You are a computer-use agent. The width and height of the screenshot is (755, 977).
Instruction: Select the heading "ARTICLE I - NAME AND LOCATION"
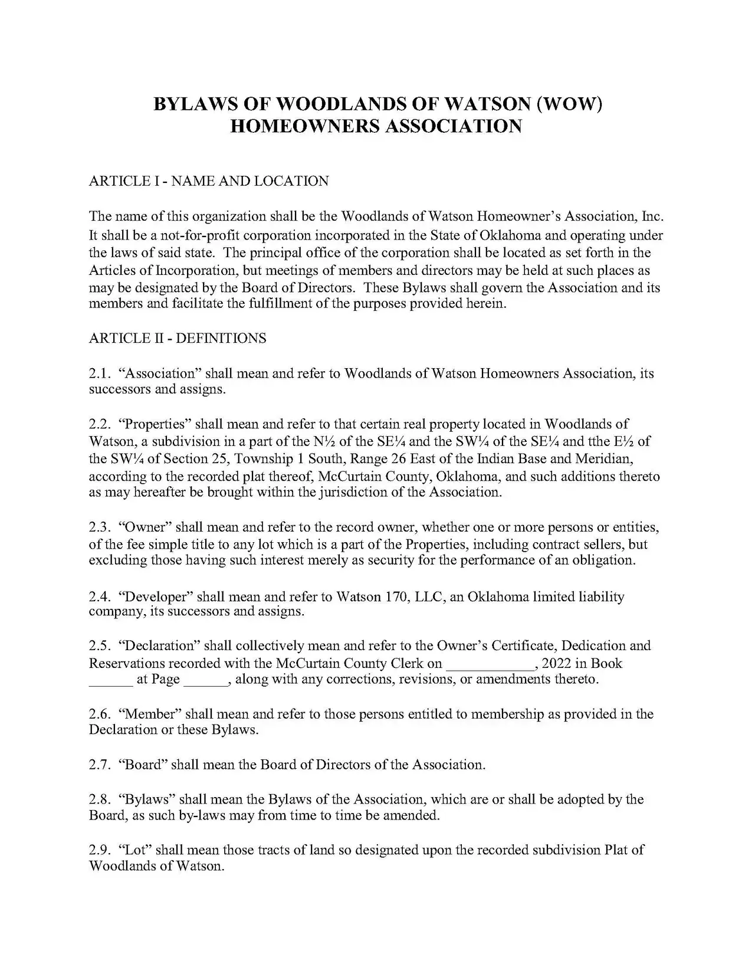coord(208,181)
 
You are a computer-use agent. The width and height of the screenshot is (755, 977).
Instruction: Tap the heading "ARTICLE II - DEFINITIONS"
coord(177,338)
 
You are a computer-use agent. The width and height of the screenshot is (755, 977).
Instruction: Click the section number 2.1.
coord(100,373)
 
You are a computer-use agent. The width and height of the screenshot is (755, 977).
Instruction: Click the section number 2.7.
coord(100,765)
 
